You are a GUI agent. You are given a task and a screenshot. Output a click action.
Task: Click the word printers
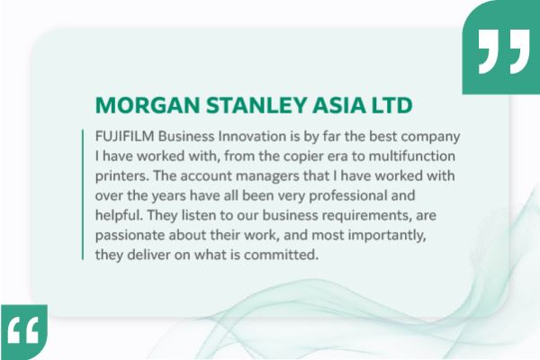click(122, 175)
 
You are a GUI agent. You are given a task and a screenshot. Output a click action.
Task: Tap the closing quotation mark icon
click(501, 52)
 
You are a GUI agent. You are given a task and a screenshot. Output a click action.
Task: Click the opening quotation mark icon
click(24, 333)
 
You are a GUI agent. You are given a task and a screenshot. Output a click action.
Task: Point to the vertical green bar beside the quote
click(83, 194)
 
